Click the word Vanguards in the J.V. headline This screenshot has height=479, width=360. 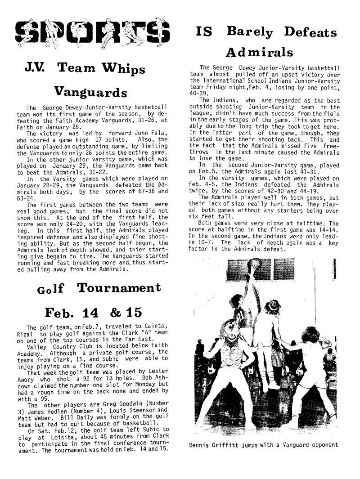(x=90, y=93)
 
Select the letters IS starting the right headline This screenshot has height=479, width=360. (x=205, y=32)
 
